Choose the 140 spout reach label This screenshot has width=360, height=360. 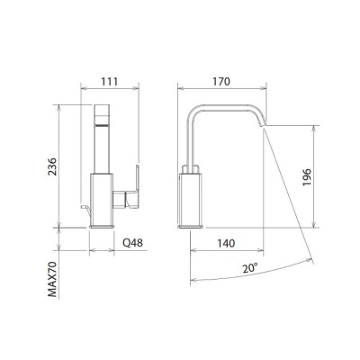[x=228, y=242]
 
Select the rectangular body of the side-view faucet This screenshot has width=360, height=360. [x=195, y=198]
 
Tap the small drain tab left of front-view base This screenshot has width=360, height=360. [x=85, y=210]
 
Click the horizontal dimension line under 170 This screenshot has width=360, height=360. [x=220, y=90]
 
